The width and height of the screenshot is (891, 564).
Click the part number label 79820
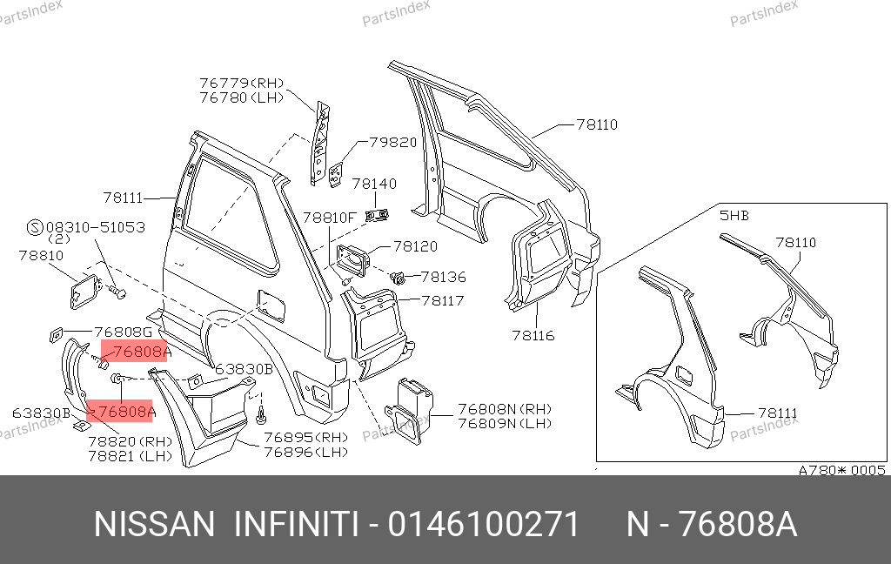coord(393,142)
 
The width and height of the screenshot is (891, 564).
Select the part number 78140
coord(374,184)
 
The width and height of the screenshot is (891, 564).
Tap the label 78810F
coord(329,218)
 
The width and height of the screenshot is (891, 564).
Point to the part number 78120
coord(415,246)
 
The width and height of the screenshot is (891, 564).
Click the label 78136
coord(443,277)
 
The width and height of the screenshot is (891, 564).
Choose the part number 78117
coord(443,300)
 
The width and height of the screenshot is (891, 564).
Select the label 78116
coord(533,335)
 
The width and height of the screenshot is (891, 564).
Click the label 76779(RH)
coord(242,83)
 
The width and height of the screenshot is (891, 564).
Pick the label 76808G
coord(123,332)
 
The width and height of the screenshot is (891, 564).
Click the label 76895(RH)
coord(305,437)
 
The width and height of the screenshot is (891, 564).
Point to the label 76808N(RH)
coord(505,409)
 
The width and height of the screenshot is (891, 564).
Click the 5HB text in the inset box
coord(734,216)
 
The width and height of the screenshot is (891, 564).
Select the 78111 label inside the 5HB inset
coord(778,413)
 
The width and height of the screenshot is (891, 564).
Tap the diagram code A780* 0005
coord(841,470)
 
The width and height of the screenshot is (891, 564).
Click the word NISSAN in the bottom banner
coord(155,524)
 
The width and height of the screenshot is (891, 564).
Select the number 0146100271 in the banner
coord(484,524)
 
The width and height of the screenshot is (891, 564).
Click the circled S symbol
coord(35,227)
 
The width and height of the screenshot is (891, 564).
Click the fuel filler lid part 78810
coord(85,291)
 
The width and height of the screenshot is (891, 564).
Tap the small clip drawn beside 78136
coord(399,278)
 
